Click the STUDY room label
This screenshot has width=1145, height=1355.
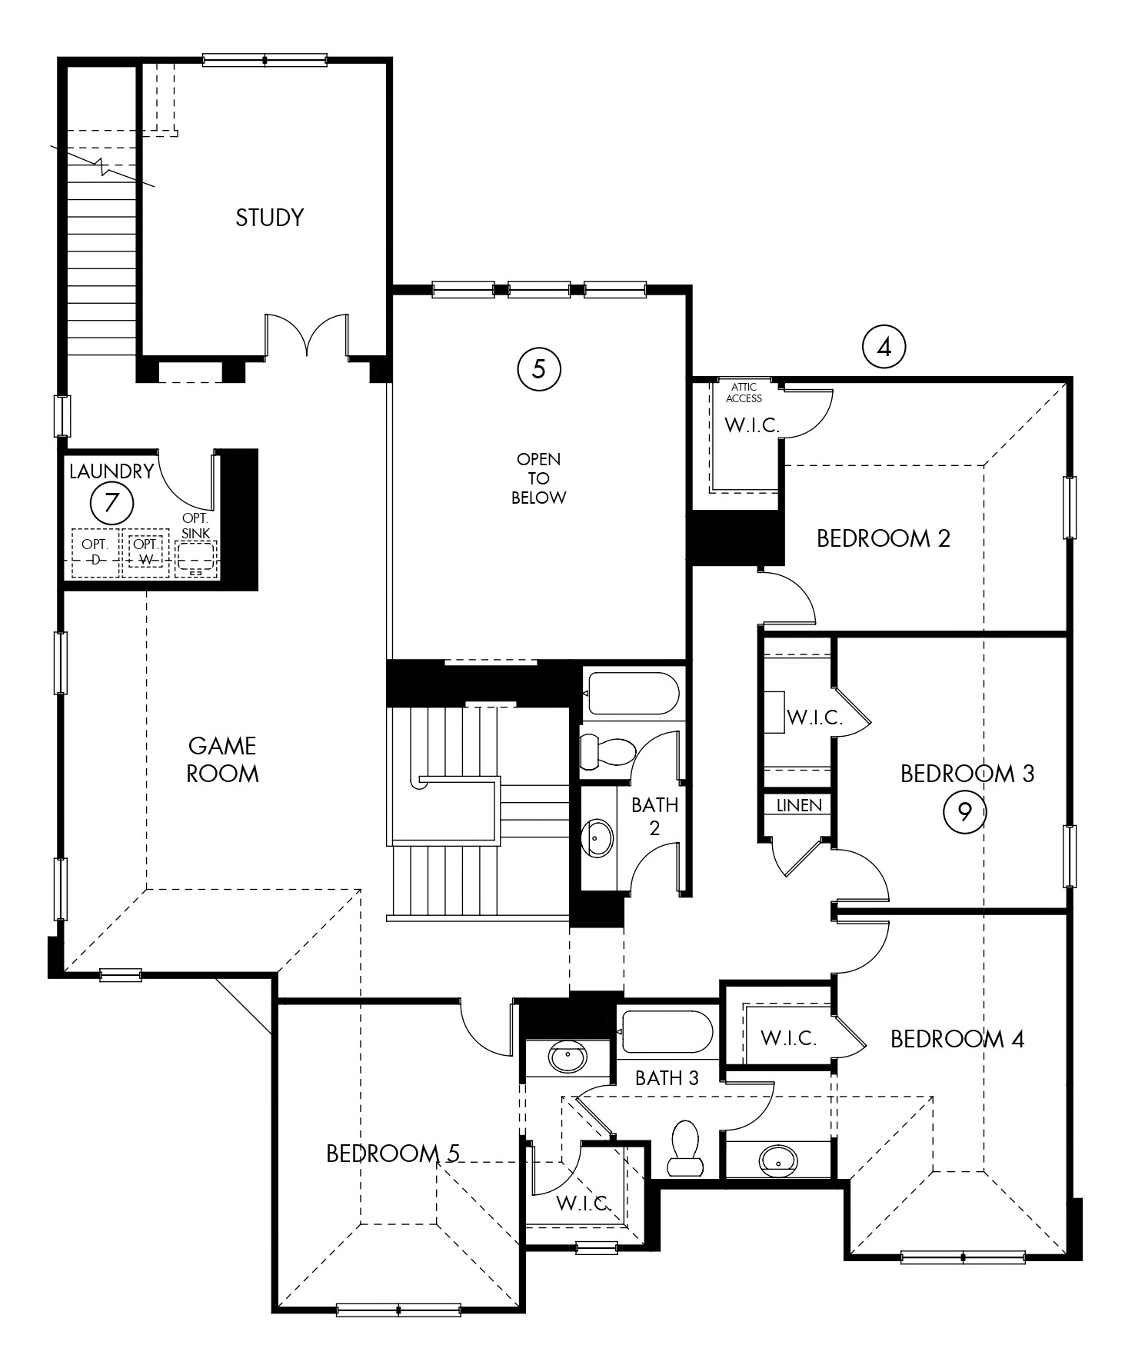(269, 218)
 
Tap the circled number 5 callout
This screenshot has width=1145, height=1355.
(539, 369)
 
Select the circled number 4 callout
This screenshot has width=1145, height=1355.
(884, 348)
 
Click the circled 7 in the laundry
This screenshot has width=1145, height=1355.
(112, 503)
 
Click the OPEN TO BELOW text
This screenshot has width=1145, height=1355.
(538, 478)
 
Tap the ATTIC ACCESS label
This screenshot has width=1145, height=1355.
(744, 392)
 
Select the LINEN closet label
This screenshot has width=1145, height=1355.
(799, 805)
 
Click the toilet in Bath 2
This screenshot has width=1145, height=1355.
(605, 751)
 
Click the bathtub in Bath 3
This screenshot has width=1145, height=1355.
(666, 1031)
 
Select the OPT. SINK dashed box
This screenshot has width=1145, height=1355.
(195, 558)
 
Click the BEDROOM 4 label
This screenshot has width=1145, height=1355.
(957, 1039)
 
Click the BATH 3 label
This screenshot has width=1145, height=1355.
(667, 1078)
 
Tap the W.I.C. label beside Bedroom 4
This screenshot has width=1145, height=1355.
(788, 1038)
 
